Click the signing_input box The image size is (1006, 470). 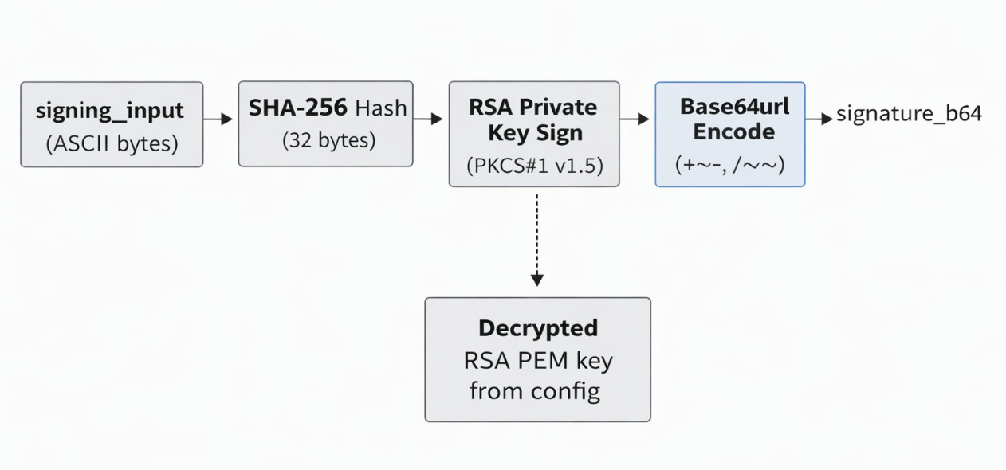tap(112, 124)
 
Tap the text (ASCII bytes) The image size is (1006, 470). tap(112, 144)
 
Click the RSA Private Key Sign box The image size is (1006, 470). tap(534, 134)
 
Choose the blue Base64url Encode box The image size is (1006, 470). tap(730, 134)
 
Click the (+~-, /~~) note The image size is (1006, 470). tap(730, 165)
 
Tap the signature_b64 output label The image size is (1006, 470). tap(909, 115)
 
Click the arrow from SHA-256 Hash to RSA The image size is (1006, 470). tap(430, 119)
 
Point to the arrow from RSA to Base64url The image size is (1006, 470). tap(635, 119)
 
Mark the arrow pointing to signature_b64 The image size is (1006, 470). tap(819, 119)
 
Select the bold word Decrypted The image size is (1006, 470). tap(537, 327)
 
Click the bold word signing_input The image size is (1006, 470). tap(110, 111)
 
